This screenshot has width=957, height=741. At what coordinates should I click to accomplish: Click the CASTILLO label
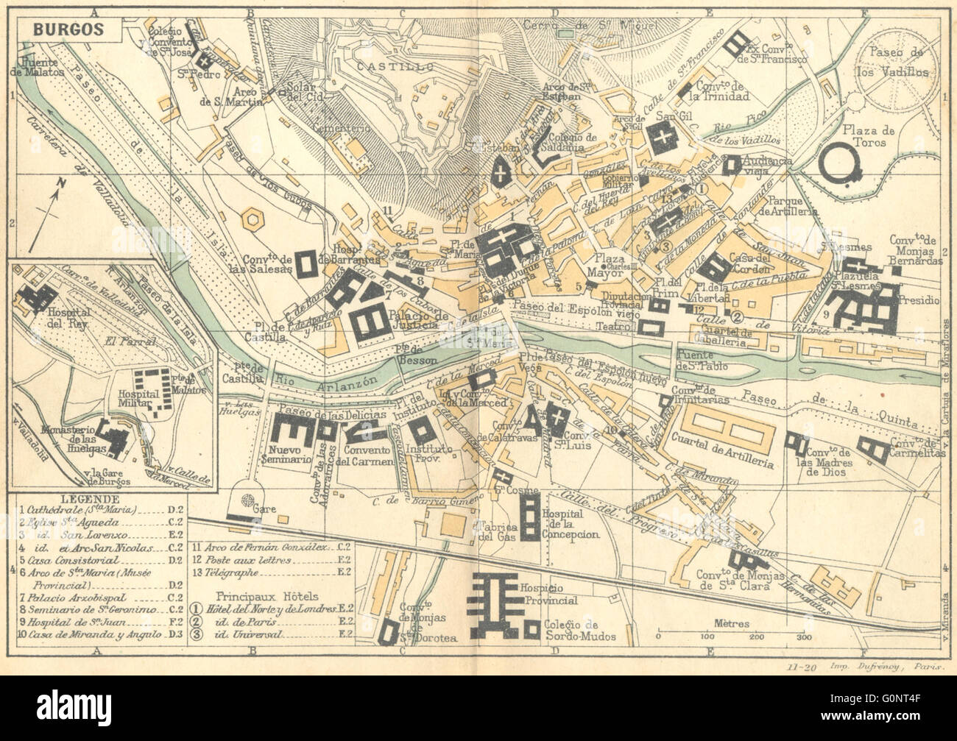click(384, 67)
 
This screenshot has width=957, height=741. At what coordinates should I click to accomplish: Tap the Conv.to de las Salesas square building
click(306, 262)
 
